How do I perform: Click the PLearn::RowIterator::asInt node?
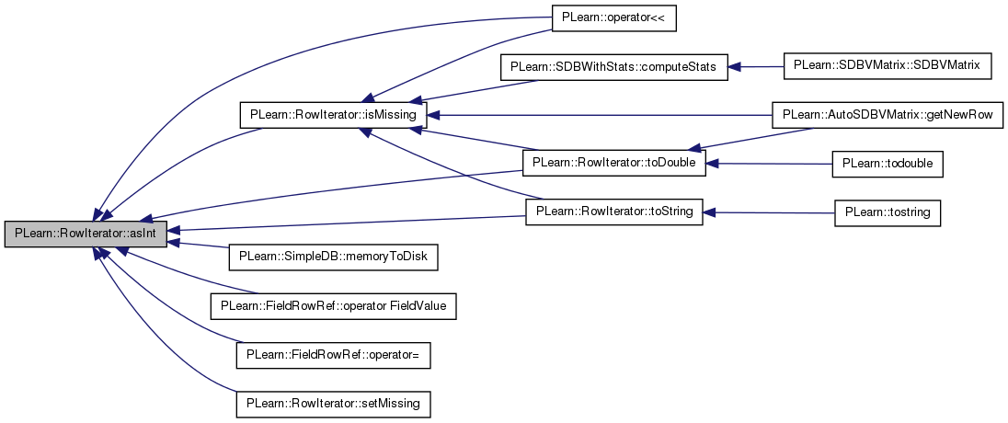pyautogui.click(x=86, y=232)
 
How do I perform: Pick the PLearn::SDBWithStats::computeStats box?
pyautogui.click(x=615, y=67)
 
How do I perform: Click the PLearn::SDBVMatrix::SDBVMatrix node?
pyautogui.click(x=888, y=66)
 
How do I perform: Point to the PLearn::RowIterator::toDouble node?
pyautogui.click(x=614, y=163)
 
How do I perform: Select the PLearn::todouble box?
pyautogui.click(x=888, y=164)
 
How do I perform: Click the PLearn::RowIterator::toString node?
pyautogui.click(x=614, y=211)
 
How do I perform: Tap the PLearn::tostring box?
pyautogui.click(x=888, y=212)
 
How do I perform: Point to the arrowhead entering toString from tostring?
pyautogui.click(x=710, y=211)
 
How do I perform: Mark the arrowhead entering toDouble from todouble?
pyautogui.click(x=713, y=164)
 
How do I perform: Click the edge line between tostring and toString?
pyautogui.click(x=769, y=212)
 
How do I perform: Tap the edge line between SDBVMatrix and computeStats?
pyautogui.click(x=756, y=67)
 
